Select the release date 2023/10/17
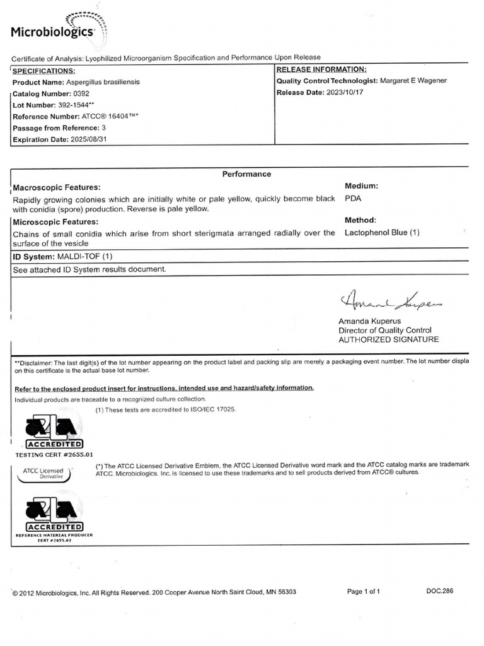[x=343, y=93]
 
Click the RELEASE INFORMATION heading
[x=321, y=69]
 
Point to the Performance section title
[x=246, y=174]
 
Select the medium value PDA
[x=354, y=198]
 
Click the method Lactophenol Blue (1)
[x=382, y=233]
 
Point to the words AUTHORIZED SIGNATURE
[x=388, y=339]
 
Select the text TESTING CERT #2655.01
[x=54, y=454]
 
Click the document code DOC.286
[x=439, y=592]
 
